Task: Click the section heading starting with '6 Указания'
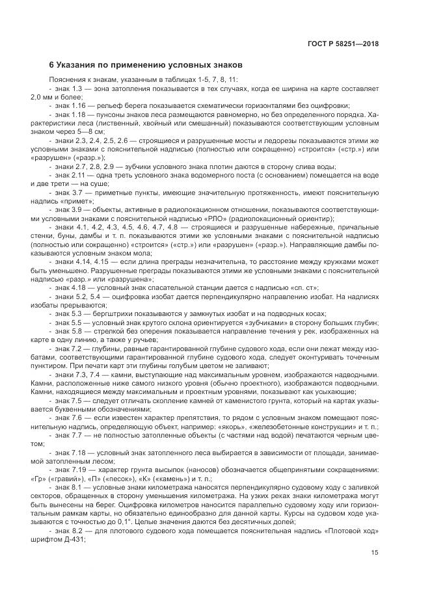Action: tap(146, 66)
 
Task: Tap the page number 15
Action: tap(375, 553)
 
